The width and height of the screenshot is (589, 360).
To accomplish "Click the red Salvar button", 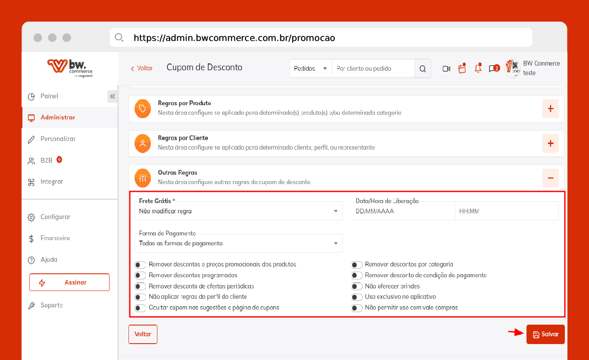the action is pyautogui.click(x=545, y=334).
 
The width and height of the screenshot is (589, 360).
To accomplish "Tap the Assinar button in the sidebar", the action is pyautogui.click(x=69, y=282).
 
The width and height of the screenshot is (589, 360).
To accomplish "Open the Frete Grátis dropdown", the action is pyautogui.click(x=238, y=211).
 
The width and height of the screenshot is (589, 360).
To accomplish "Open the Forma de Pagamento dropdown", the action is pyautogui.click(x=238, y=243).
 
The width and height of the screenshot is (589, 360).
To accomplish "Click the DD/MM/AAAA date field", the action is pyautogui.click(x=403, y=211).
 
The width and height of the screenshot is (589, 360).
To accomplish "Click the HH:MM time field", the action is pyautogui.click(x=507, y=211).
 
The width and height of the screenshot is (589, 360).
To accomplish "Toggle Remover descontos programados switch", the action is pyautogui.click(x=140, y=275).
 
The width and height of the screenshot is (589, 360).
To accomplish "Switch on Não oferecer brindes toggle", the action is pyautogui.click(x=357, y=286).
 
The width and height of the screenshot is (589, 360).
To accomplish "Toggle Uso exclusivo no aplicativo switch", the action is pyautogui.click(x=357, y=297).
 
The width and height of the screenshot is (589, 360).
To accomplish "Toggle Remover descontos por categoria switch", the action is pyautogui.click(x=357, y=265).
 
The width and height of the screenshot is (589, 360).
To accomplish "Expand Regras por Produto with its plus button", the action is pyautogui.click(x=550, y=109).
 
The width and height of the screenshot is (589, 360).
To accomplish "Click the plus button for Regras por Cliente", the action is pyautogui.click(x=550, y=143).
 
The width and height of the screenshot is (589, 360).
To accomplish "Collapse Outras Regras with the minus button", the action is pyautogui.click(x=550, y=178).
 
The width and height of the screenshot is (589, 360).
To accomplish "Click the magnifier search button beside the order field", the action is pyautogui.click(x=423, y=69).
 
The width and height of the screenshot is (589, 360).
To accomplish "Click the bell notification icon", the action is pyautogui.click(x=478, y=68).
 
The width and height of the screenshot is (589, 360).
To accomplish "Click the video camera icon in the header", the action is pyautogui.click(x=446, y=69).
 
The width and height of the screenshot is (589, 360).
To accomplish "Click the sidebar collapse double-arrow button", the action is pyautogui.click(x=113, y=96).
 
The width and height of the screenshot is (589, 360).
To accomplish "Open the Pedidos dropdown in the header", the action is pyautogui.click(x=310, y=69).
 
